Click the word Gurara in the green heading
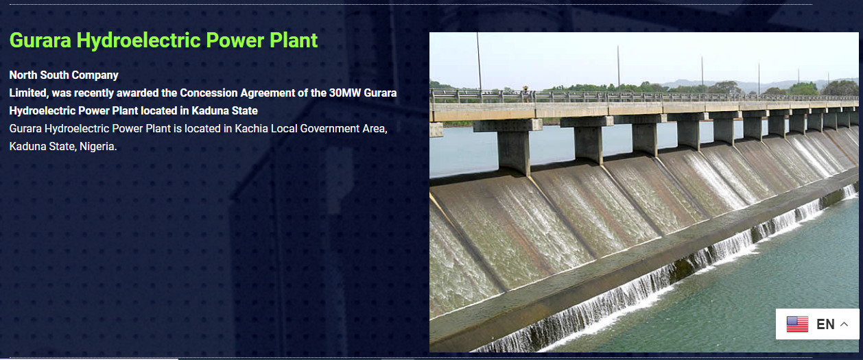pos(40,40)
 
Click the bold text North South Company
pos(64,75)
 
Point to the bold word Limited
pos(29,93)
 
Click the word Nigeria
pos(98,146)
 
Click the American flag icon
pos(797,324)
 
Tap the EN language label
pos(825,324)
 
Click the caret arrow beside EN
pos(844,324)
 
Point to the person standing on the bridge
pos(525,94)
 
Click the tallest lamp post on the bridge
pos(479,62)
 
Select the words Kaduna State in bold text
pos(224,111)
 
